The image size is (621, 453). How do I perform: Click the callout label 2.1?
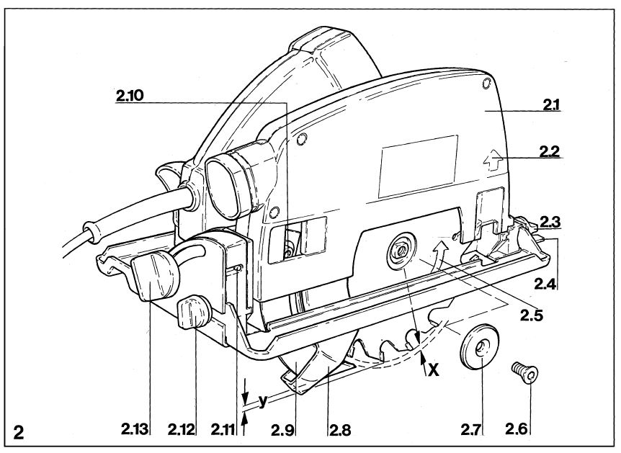click(x=551, y=105)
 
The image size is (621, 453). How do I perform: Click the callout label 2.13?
click(x=135, y=429)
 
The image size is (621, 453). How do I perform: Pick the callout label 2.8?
click(x=340, y=430)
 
